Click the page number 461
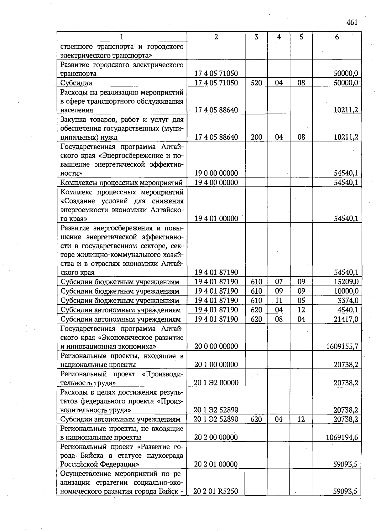pyautogui.click(x=352, y=23)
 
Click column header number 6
pyautogui.click(x=337, y=37)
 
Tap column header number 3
pyautogui.click(x=256, y=37)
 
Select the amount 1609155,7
pyautogui.click(x=342, y=346)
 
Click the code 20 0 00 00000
pyautogui.click(x=216, y=346)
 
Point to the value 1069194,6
pyautogui.click(x=342, y=437)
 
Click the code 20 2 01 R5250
pyautogui.click(x=216, y=491)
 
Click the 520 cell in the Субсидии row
pyautogui.click(x=256, y=83)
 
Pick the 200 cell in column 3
pyautogui.click(x=256, y=137)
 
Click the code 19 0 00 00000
pyautogui.click(x=216, y=173)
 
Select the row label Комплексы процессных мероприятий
pyautogui.click(x=121, y=183)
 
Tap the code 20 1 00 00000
pyautogui.click(x=216, y=365)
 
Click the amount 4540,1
pyautogui.click(x=348, y=310)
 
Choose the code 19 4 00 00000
pyautogui.click(x=216, y=183)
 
